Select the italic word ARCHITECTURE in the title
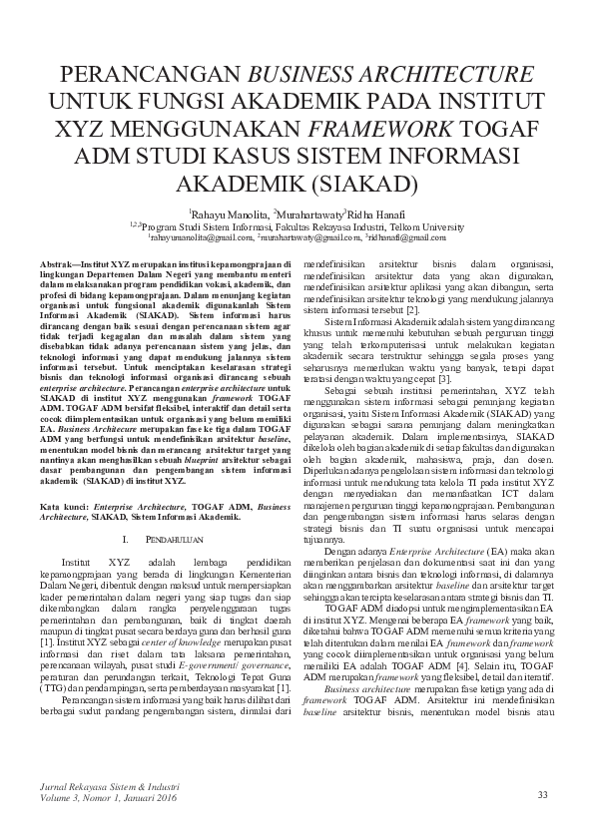(434, 76)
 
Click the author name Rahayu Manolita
(229, 214)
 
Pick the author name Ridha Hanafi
(376, 214)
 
